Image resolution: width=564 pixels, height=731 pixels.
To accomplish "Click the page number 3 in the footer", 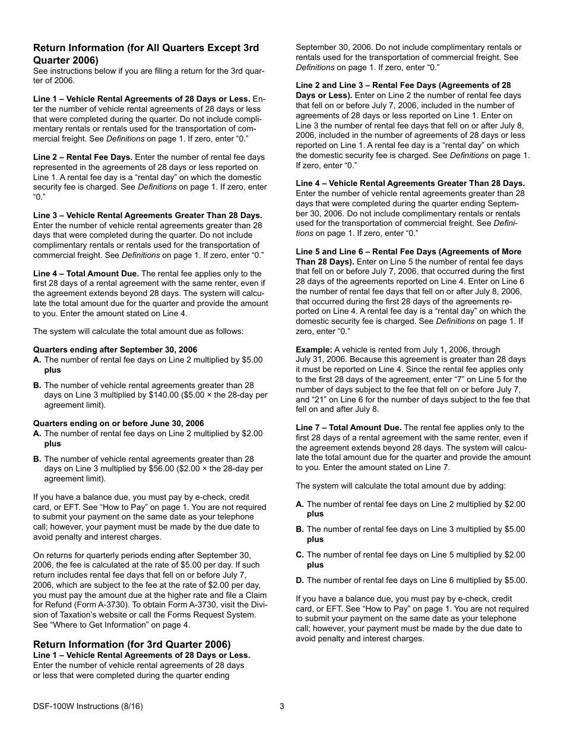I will pos(282,707).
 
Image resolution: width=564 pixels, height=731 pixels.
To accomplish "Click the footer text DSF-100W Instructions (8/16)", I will pos(88,707).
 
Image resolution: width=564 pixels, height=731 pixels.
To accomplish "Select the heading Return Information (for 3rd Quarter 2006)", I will pos(132,644).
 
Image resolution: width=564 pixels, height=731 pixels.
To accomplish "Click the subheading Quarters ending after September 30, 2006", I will pos(115,349).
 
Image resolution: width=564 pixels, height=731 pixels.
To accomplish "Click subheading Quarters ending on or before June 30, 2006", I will pos(119,423).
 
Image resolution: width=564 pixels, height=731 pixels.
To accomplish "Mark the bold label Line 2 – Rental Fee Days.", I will pos(83,157).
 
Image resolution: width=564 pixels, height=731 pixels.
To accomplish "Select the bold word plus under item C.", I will pos(315,565).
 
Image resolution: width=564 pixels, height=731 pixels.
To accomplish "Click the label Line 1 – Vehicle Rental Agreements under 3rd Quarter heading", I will pos(141,655).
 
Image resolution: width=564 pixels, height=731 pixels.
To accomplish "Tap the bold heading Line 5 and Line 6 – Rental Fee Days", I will pos(408,251).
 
